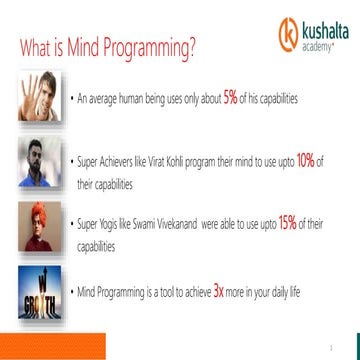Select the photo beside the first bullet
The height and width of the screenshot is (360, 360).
35,96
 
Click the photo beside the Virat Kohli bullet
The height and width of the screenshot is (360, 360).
35,162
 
